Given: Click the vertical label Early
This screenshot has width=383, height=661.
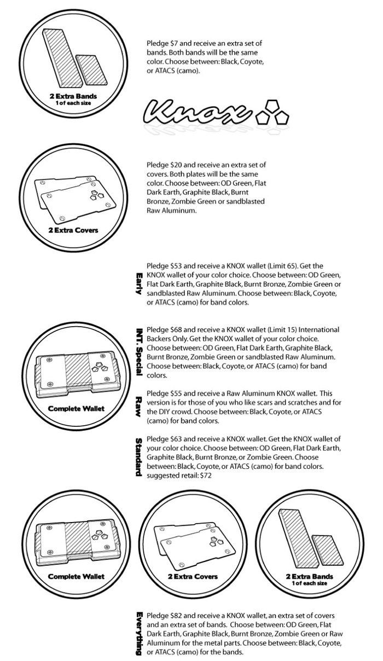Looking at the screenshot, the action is (139, 283).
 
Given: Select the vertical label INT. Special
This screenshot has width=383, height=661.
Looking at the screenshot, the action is (139, 351).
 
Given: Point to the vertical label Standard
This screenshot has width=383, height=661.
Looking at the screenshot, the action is (139, 457).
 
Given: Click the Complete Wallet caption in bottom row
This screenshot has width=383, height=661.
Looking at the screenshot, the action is (76, 576).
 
